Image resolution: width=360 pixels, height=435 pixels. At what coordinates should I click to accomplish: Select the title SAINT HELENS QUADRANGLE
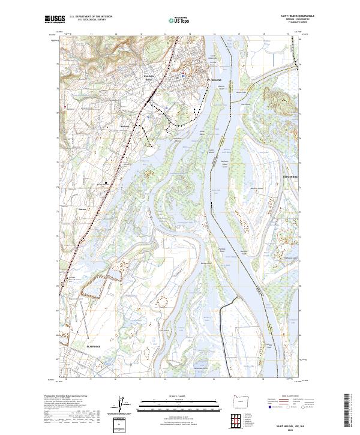(x=293, y=16)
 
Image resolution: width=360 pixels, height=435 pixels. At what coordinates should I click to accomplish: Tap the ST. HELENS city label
(x=214, y=79)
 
